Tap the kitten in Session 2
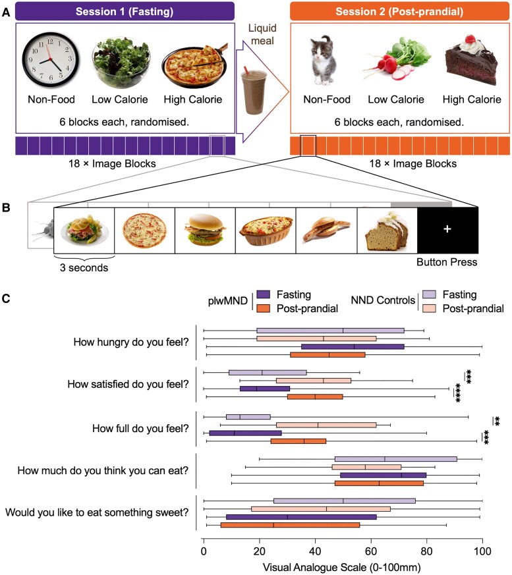[323, 63]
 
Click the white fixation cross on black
[447, 229]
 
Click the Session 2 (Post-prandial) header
[400, 11]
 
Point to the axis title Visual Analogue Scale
[342, 566]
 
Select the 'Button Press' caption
[447, 261]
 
